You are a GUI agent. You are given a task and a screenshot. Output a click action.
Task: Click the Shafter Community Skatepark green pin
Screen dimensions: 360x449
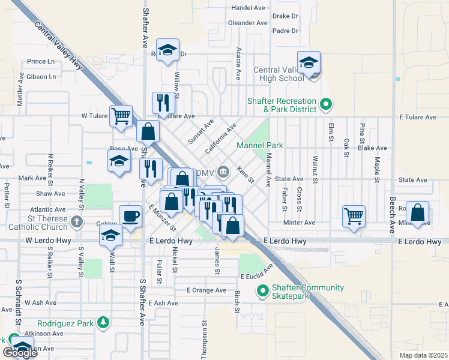click(262, 292)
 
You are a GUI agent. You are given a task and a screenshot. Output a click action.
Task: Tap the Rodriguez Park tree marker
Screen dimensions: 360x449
click(103, 323)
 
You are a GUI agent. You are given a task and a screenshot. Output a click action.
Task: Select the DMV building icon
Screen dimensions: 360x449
click(223, 173)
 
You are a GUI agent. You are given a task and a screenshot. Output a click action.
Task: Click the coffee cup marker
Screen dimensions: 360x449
click(130, 216)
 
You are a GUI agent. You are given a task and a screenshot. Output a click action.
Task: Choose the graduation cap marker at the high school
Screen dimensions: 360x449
click(309, 63)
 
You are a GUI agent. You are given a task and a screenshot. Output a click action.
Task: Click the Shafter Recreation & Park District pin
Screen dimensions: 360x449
click(326, 105)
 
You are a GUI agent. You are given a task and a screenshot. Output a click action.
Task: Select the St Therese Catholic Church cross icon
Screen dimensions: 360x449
click(76, 222)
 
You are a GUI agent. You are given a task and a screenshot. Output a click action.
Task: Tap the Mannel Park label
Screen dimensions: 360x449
click(259, 145)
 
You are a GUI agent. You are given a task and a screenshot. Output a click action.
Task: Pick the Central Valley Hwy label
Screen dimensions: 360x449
click(59, 47)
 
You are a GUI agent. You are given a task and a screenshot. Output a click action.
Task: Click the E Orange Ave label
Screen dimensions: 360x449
click(206, 290)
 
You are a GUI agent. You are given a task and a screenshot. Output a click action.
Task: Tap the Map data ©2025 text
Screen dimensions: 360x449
click(422, 355)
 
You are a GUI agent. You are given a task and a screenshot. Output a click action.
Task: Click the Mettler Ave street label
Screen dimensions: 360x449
click(20, 90)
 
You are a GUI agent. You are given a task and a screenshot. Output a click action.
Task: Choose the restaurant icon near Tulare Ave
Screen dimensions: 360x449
click(163, 103)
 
